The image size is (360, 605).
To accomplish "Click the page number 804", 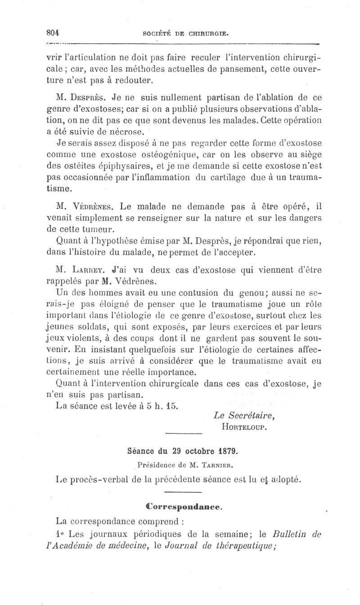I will point(54,32).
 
